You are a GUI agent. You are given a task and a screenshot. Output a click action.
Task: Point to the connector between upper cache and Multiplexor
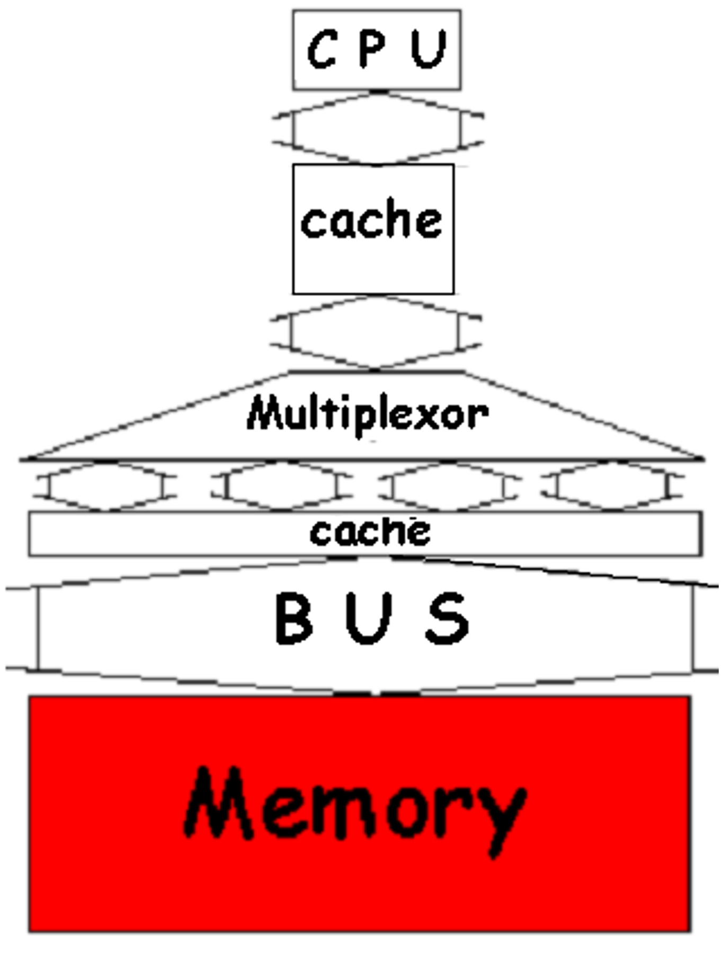click(x=375, y=332)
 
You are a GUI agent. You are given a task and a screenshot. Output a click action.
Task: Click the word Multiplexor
click(x=368, y=415)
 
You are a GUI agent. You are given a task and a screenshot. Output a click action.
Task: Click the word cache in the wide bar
click(x=370, y=533)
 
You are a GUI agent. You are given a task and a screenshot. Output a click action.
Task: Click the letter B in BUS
click(x=293, y=618)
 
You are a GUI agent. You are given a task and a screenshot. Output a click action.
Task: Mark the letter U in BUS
click(x=369, y=618)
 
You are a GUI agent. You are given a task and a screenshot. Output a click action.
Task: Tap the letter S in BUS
click(x=448, y=618)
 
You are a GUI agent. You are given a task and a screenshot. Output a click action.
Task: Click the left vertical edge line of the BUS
click(x=38, y=628)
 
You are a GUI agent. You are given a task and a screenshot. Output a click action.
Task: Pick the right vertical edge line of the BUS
click(x=692, y=628)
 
